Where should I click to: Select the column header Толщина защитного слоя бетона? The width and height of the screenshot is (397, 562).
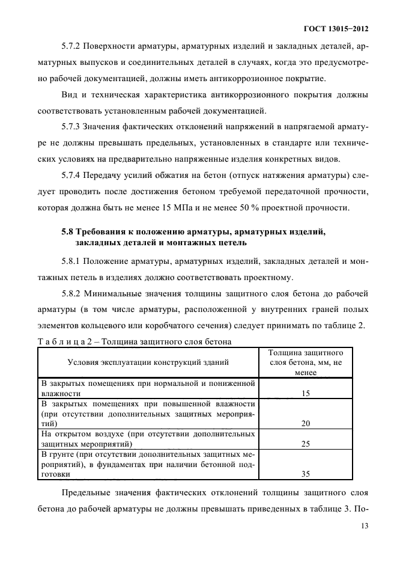(x=305, y=362)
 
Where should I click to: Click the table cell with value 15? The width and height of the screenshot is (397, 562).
(x=305, y=393)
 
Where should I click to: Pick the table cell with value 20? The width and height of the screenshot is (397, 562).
(x=305, y=423)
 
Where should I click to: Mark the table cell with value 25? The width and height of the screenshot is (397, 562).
(x=305, y=444)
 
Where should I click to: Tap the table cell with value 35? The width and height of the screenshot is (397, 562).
(x=305, y=474)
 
